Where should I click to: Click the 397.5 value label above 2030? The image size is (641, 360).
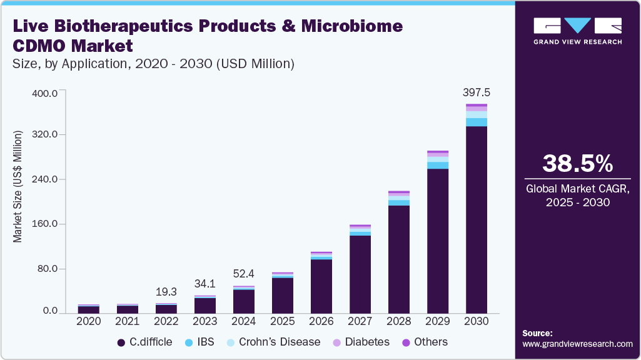[477, 92]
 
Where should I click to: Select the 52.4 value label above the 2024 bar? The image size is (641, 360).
[243, 273]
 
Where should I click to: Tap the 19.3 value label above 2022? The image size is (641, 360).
[166, 291]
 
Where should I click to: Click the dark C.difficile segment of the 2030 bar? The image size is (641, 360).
[477, 219]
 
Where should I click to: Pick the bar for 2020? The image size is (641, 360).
[88, 309]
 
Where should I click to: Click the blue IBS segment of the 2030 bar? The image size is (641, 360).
[477, 122]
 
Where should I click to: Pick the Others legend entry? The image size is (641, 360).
[425, 342]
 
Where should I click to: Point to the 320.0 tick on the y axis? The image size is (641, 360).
[45, 135]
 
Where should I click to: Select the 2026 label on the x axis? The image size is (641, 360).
[321, 321]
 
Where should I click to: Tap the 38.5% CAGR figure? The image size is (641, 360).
[577, 164]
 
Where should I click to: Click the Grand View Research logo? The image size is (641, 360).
[577, 30]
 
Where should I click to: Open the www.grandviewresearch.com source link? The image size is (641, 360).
[577, 344]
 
